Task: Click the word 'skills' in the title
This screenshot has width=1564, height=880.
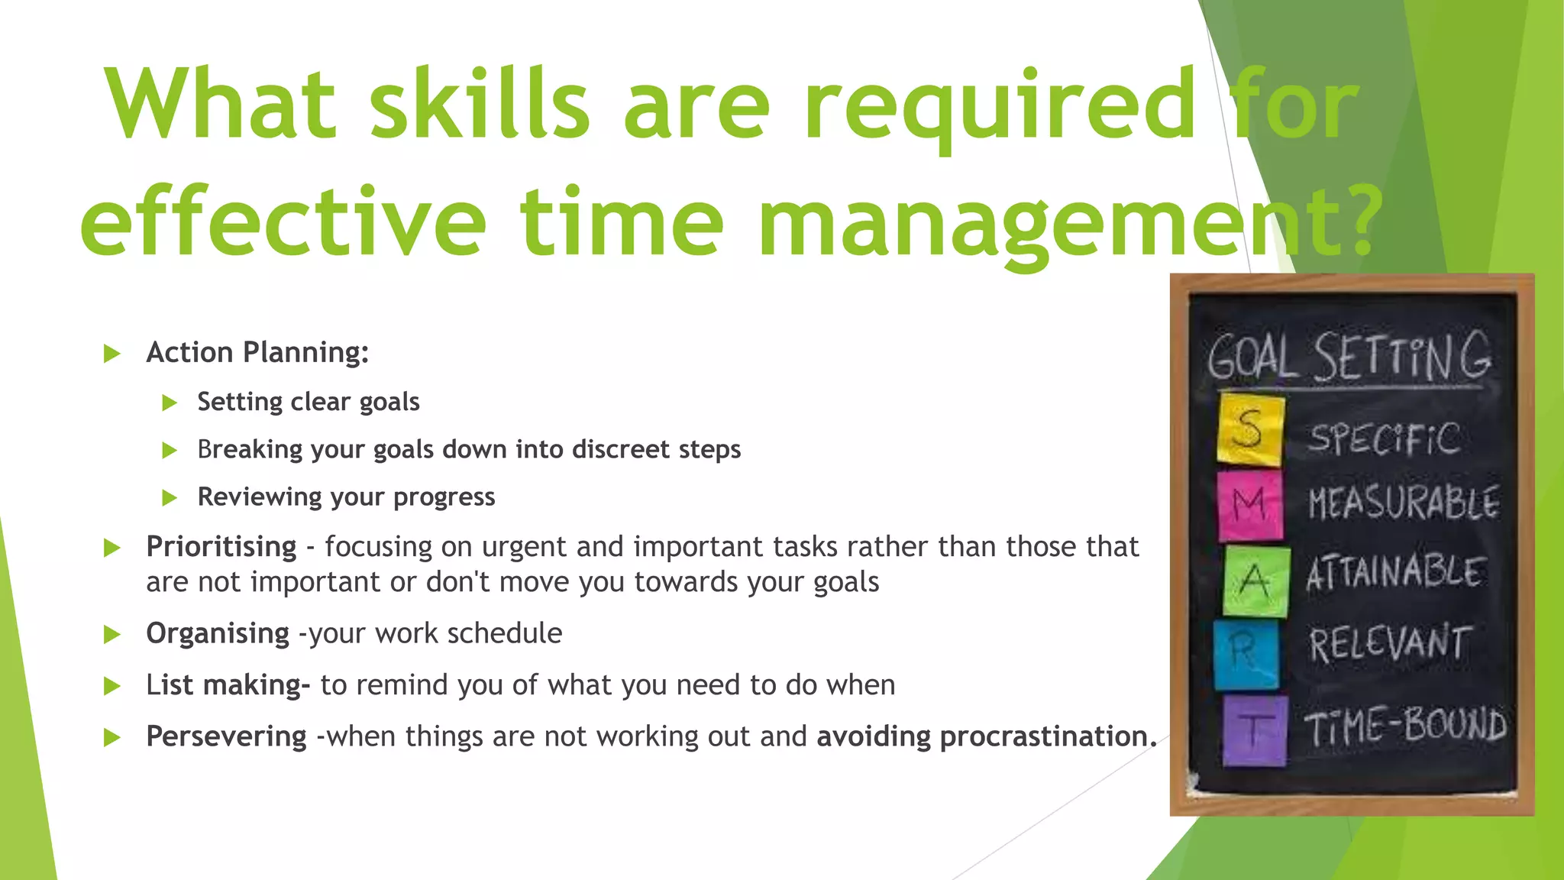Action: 479,104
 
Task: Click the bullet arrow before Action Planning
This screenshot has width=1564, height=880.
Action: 112,354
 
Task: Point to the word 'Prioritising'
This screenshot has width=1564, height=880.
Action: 221,547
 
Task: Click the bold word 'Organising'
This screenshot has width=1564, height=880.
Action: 218,634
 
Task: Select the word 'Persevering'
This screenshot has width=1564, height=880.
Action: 226,737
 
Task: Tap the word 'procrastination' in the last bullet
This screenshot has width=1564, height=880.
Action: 1043,737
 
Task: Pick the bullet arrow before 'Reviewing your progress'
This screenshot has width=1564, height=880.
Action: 170,498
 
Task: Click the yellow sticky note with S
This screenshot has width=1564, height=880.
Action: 1250,429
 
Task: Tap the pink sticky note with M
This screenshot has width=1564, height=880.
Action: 1249,505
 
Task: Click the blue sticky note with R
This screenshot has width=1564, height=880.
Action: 1246,654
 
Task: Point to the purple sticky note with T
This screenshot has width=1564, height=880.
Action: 1255,730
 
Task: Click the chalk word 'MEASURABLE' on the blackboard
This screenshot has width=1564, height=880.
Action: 1403,503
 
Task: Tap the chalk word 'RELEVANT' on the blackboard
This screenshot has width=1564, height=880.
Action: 1389,643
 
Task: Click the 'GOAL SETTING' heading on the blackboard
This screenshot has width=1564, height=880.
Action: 1349,357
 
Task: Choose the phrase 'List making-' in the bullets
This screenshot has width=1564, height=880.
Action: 228,685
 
